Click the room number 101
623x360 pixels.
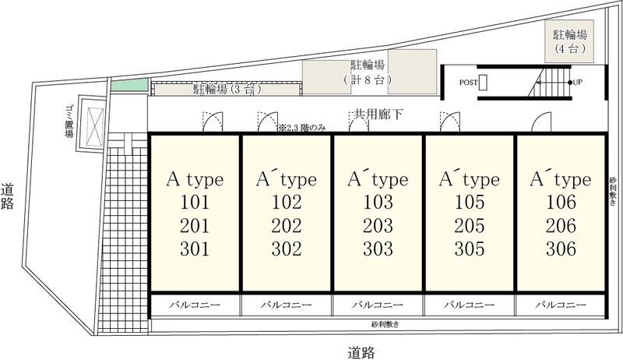pyautogui.click(x=195, y=203)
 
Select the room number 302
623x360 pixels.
pyautogui.click(x=287, y=249)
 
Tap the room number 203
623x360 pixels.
pyautogui.click(x=378, y=226)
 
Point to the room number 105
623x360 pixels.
pyautogui.click(x=470, y=203)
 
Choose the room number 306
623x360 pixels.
pyautogui.click(x=561, y=249)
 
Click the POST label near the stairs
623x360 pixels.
pyautogui.click(x=469, y=83)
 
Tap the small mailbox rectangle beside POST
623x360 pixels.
pyautogui.click(x=483, y=83)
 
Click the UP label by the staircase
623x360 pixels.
pyautogui.click(x=578, y=83)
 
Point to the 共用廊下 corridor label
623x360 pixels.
pyautogui.click(x=378, y=115)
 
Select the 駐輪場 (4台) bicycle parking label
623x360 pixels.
pyautogui.click(x=570, y=41)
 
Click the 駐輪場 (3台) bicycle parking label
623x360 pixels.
pyautogui.click(x=227, y=89)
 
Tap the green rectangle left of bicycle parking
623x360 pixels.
pyautogui.click(x=129, y=85)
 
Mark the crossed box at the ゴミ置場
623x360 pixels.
pyautogui.click(x=95, y=122)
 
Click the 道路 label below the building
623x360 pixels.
pyautogui.click(x=361, y=352)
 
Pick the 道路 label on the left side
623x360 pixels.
pyautogui.click(x=7, y=196)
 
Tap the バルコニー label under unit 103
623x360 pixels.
pyautogui.click(x=378, y=305)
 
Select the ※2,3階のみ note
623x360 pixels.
pyautogui.click(x=302, y=128)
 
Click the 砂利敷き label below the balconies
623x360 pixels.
pyautogui.click(x=385, y=324)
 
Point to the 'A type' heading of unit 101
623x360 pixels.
pyautogui.click(x=195, y=179)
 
